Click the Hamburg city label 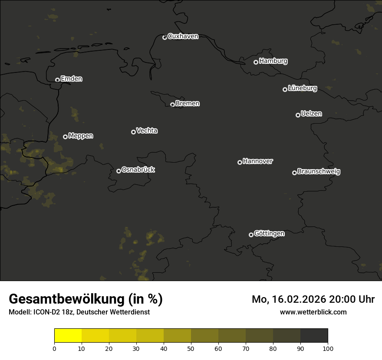pos(273,61)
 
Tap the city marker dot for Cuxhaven pos(165,37)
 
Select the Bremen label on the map pos(188,104)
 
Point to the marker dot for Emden pos(57,80)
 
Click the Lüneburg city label pos(302,88)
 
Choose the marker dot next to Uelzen pos(298,115)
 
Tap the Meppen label pos(81,136)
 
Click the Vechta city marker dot pos(133,132)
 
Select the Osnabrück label pos(138,170)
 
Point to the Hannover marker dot pos(240,162)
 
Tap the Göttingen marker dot pos(251,235)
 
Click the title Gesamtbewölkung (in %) pos(86,299)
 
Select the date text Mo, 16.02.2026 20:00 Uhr pos(313,299)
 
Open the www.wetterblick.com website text pos(313,312)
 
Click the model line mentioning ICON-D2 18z pos(79,312)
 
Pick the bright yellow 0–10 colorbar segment pos(68,336)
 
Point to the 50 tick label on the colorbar pos(191,348)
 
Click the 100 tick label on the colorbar pos(328,348)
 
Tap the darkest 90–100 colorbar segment pos(314,336)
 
